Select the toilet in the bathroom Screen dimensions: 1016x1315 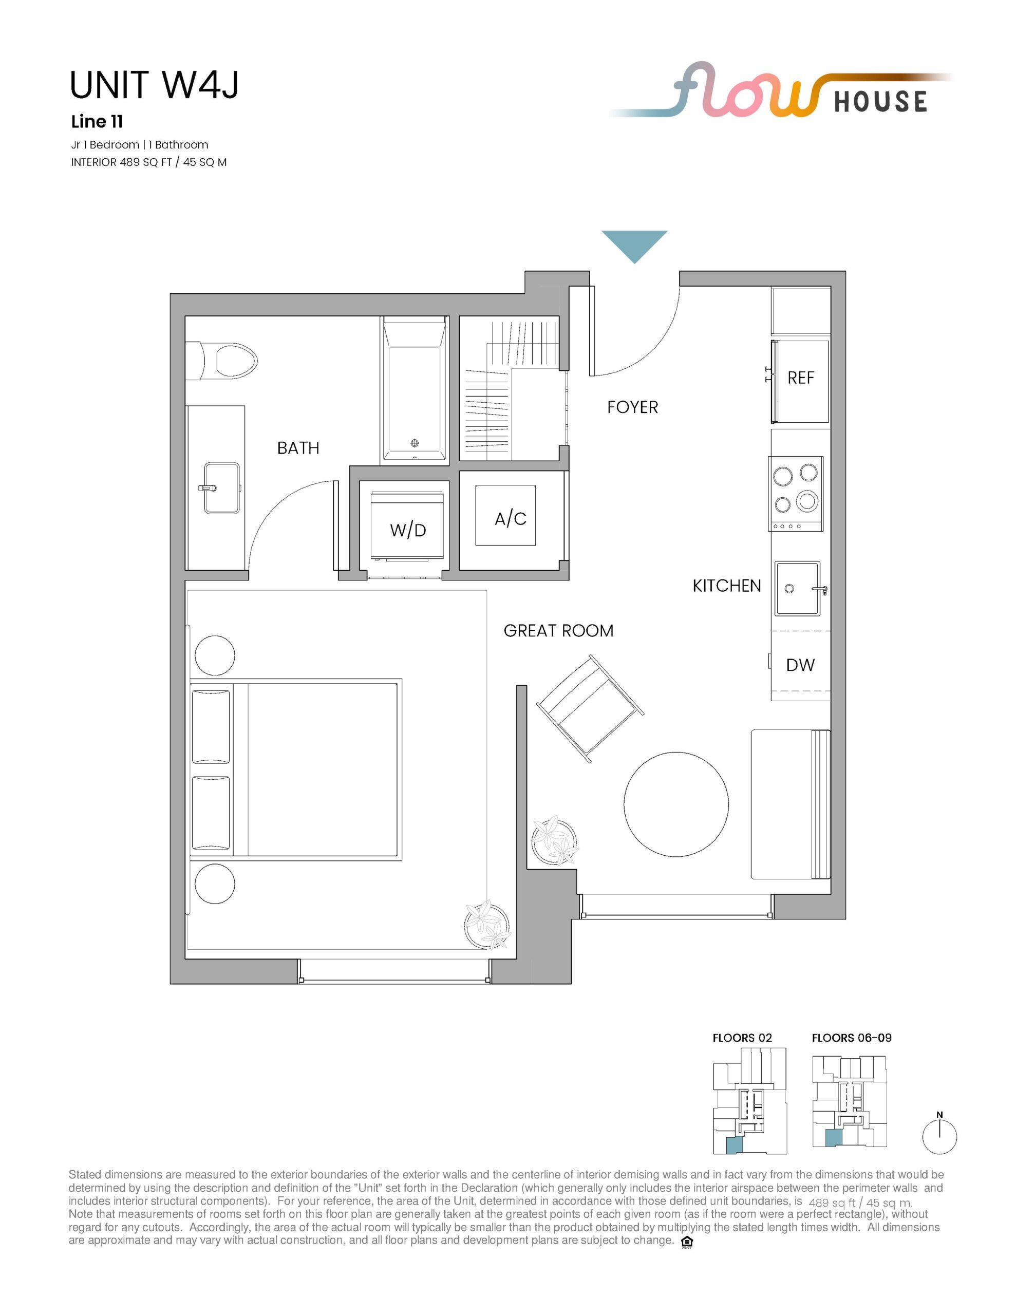pyautogui.click(x=221, y=361)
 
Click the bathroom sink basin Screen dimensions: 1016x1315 pyautogui.click(x=221, y=487)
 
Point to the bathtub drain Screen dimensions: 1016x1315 pyautogui.click(x=415, y=443)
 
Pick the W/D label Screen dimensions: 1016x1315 pyautogui.click(x=408, y=530)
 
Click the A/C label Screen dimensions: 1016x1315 pyautogui.click(x=510, y=518)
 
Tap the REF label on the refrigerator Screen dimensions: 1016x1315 pyautogui.click(x=800, y=378)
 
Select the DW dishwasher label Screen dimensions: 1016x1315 pyautogui.click(x=800, y=665)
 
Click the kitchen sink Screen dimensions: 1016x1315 pyautogui.click(x=797, y=588)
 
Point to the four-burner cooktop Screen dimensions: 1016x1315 pyautogui.click(x=796, y=494)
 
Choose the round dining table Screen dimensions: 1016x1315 pyautogui.click(x=676, y=804)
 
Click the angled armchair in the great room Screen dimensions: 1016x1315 pyautogui.click(x=590, y=709)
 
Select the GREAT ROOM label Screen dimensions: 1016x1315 pyautogui.click(x=558, y=630)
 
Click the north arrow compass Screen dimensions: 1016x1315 pyautogui.click(x=939, y=1136)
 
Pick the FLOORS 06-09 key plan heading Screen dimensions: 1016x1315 pyautogui.click(x=852, y=1038)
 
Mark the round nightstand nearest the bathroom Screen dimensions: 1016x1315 pyautogui.click(x=215, y=655)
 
